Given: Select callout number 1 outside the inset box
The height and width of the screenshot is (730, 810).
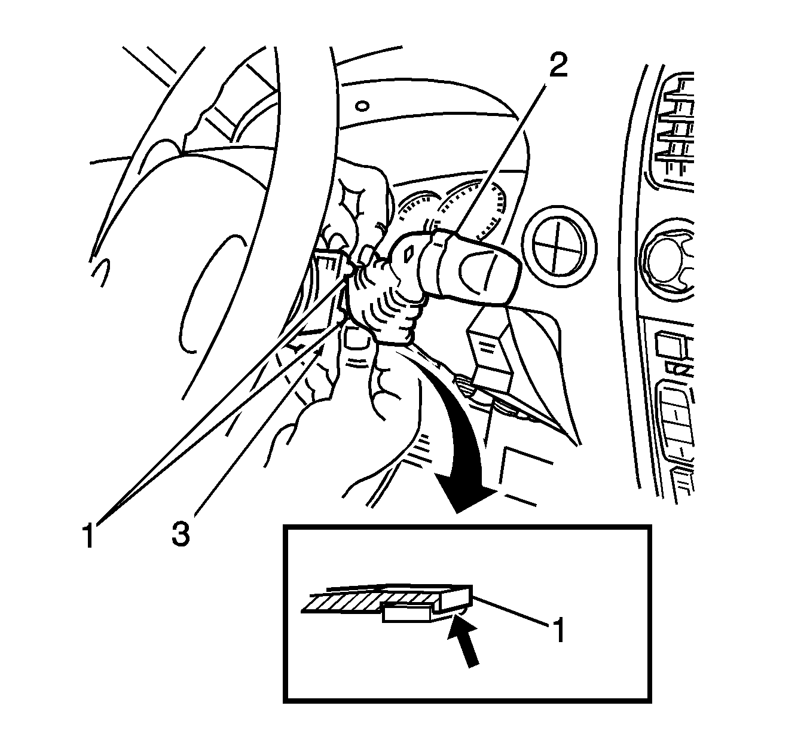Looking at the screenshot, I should (88, 535).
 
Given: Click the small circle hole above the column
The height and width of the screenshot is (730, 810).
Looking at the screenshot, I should (360, 106).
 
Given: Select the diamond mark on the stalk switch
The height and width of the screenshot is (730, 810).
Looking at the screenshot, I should (408, 255).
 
